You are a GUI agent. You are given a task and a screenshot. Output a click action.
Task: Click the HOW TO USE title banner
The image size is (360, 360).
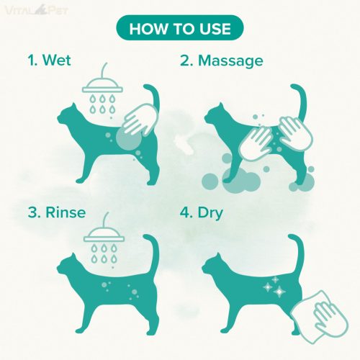[x=180, y=27]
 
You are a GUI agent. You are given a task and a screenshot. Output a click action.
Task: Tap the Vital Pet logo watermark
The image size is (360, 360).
[x=36, y=10]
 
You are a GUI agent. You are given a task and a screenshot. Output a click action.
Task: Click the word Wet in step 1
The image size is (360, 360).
[x=57, y=60]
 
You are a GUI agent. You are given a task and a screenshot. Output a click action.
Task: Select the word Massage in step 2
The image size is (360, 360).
[x=230, y=61]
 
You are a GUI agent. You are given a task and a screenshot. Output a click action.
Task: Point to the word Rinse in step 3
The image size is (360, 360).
[x=66, y=212]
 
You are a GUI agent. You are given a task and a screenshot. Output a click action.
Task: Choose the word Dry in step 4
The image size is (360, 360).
[x=210, y=213]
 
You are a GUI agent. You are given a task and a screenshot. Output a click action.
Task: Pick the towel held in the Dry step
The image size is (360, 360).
[x=319, y=317]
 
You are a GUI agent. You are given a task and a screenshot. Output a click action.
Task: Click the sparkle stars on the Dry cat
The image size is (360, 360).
[x=274, y=287]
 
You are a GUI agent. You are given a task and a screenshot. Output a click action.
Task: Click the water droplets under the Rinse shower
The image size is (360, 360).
[x=104, y=254]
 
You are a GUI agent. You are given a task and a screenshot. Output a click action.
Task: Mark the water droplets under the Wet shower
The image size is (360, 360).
[x=102, y=104]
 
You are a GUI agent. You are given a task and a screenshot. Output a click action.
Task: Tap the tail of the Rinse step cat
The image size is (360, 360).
[x=153, y=252]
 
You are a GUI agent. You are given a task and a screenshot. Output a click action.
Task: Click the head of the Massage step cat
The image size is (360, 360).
[x=215, y=115]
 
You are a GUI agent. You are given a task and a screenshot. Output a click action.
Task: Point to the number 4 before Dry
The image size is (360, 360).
[x=185, y=213]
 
